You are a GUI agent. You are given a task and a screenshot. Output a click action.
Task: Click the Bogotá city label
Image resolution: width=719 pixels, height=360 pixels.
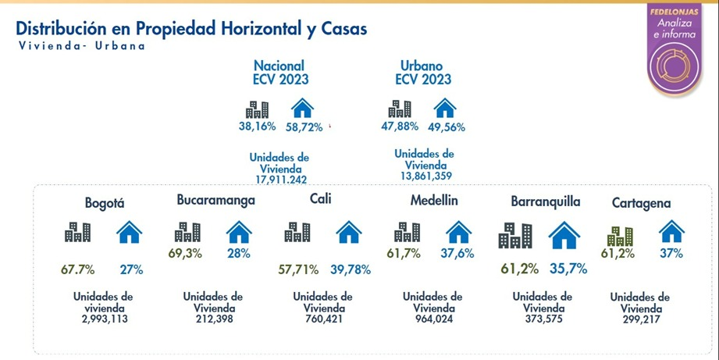click(x=105, y=203)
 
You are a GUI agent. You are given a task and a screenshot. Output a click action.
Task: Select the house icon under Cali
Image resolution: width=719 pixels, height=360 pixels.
click(x=349, y=231)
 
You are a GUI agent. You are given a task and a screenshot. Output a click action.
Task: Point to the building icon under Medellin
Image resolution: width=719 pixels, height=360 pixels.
click(x=407, y=231)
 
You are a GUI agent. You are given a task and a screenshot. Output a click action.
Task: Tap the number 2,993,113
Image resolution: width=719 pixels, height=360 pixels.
click(x=104, y=319)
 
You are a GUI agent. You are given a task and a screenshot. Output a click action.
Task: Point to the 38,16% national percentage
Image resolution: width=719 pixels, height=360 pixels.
click(x=257, y=125)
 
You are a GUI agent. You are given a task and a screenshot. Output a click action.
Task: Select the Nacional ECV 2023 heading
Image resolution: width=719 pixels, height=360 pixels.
click(x=279, y=73)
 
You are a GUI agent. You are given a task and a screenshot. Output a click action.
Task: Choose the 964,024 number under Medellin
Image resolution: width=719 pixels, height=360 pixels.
click(x=432, y=319)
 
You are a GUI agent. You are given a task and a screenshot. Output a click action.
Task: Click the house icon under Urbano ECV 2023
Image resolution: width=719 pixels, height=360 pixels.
click(x=444, y=107)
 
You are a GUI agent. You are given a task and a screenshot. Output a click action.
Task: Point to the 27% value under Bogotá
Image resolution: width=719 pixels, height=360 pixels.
click(x=130, y=269)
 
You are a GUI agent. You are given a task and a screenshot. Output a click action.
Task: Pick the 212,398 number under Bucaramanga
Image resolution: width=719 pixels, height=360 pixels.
click(x=213, y=319)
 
